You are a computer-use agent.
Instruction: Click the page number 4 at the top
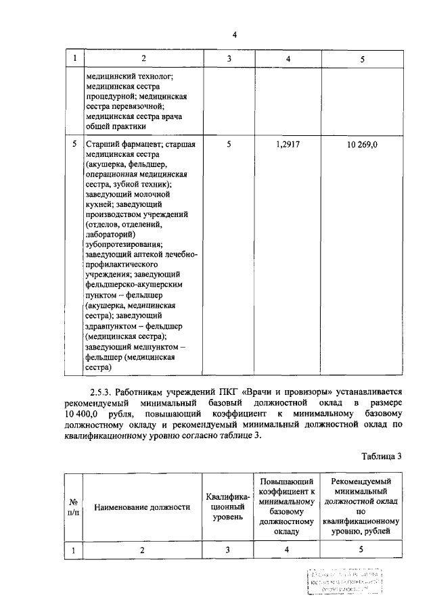click(235, 35)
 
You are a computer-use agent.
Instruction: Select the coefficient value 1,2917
click(288, 144)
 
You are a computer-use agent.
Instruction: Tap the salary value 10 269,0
click(362, 144)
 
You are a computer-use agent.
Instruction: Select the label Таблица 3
click(381, 455)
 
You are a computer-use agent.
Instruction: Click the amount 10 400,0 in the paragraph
click(81, 413)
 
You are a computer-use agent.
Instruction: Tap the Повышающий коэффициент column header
click(286, 507)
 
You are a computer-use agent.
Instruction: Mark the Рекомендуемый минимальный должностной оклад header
click(361, 507)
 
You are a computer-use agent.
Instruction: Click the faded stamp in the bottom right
click(344, 581)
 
